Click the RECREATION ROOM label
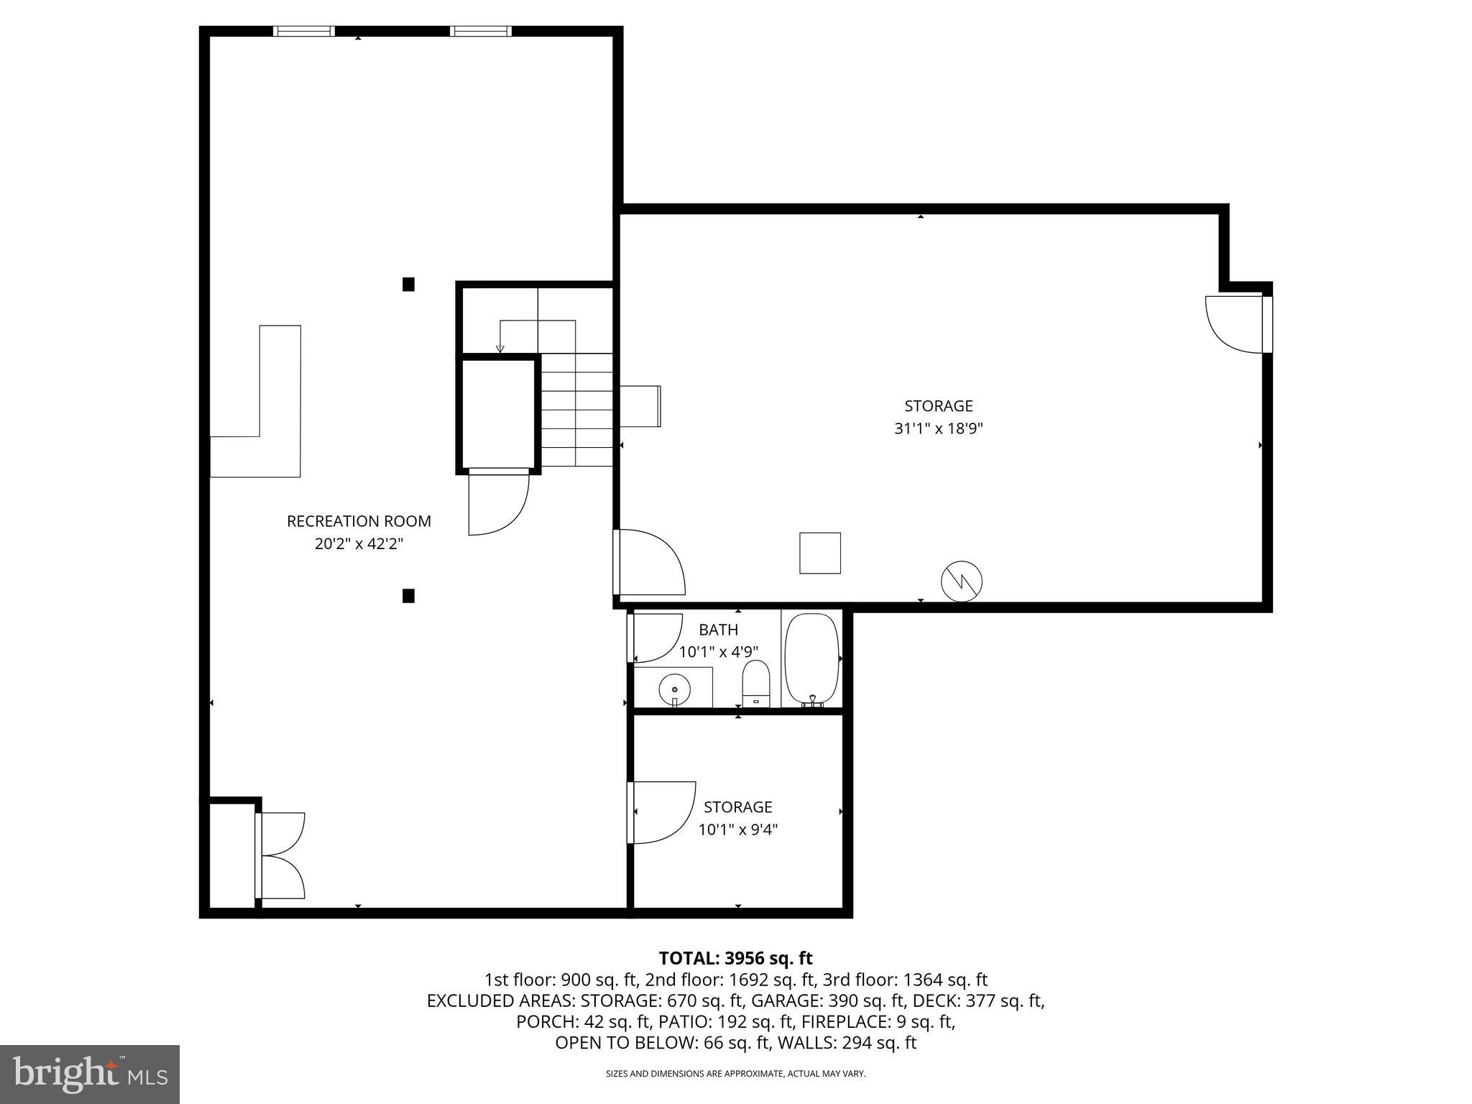click(x=359, y=521)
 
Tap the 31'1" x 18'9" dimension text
click(x=938, y=429)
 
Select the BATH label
click(x=718, y=630)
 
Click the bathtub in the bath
click(x=812, y=658)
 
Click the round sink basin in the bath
click(x=674, y=689)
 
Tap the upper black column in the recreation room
click(x=408, y=284)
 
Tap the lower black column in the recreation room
click(x=408, y=595)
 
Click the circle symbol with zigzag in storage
click(x=962, y=581)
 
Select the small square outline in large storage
click(x=820, y=553)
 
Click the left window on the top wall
click(x=304, y=31)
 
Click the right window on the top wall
click(x=481, y=31)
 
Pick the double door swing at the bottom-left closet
click(x=282, y=855)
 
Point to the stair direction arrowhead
click(x=500, y=349)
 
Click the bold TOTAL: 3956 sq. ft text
click(x=735, y=958)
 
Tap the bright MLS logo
click(x=89, y=1074)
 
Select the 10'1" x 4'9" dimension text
click(x=718, y=653)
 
